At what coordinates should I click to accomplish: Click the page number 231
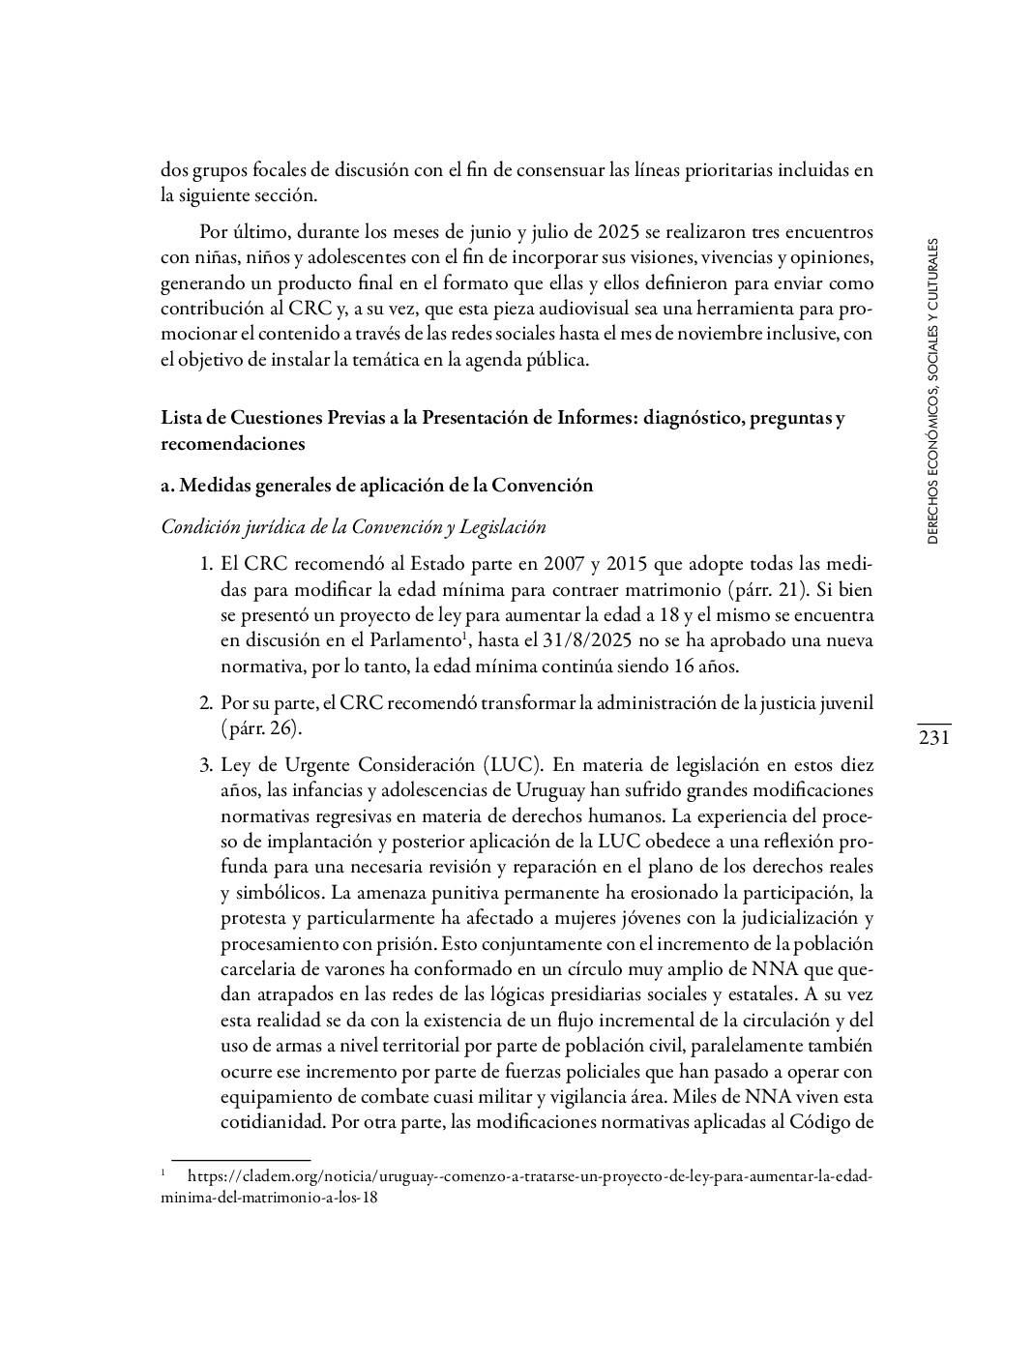point(934,739)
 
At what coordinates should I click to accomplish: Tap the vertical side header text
point(932,393)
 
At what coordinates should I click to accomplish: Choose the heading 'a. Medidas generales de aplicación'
point(376,486)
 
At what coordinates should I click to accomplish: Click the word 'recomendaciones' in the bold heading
point(232,444)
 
